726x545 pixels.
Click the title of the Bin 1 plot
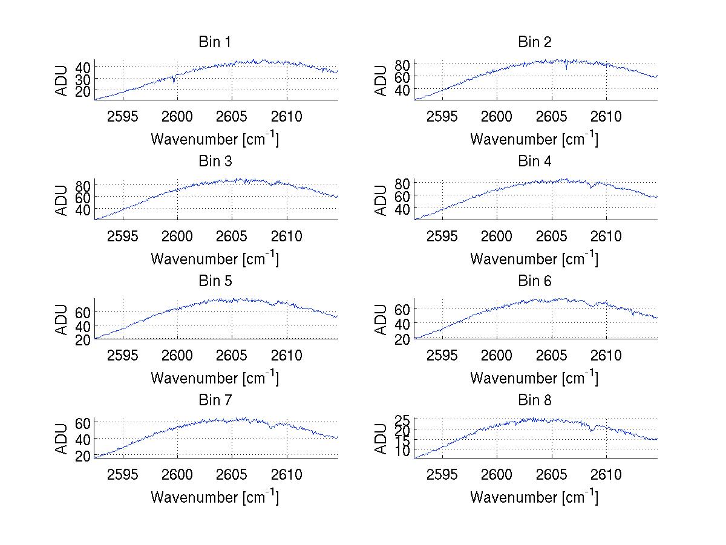click(215, 42)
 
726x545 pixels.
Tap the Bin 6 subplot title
click(535, 281)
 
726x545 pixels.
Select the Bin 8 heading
click(535, 400)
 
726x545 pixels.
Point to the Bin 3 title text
click(215, 162)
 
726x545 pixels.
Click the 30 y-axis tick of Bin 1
click(83, 79)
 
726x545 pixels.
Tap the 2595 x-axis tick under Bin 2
click(442, 116)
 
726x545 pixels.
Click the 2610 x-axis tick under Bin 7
click(286, 474)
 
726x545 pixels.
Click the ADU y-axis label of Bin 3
click(62, 199)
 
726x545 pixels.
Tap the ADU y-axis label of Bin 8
click(381, 438)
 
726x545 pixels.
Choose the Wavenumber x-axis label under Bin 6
click(534, 378)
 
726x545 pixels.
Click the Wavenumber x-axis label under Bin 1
click(215, 139)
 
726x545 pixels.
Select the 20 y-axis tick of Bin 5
click(83, 340)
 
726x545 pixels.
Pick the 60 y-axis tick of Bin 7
click(83, 422)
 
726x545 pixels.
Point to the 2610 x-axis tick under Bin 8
click(606, 474)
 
